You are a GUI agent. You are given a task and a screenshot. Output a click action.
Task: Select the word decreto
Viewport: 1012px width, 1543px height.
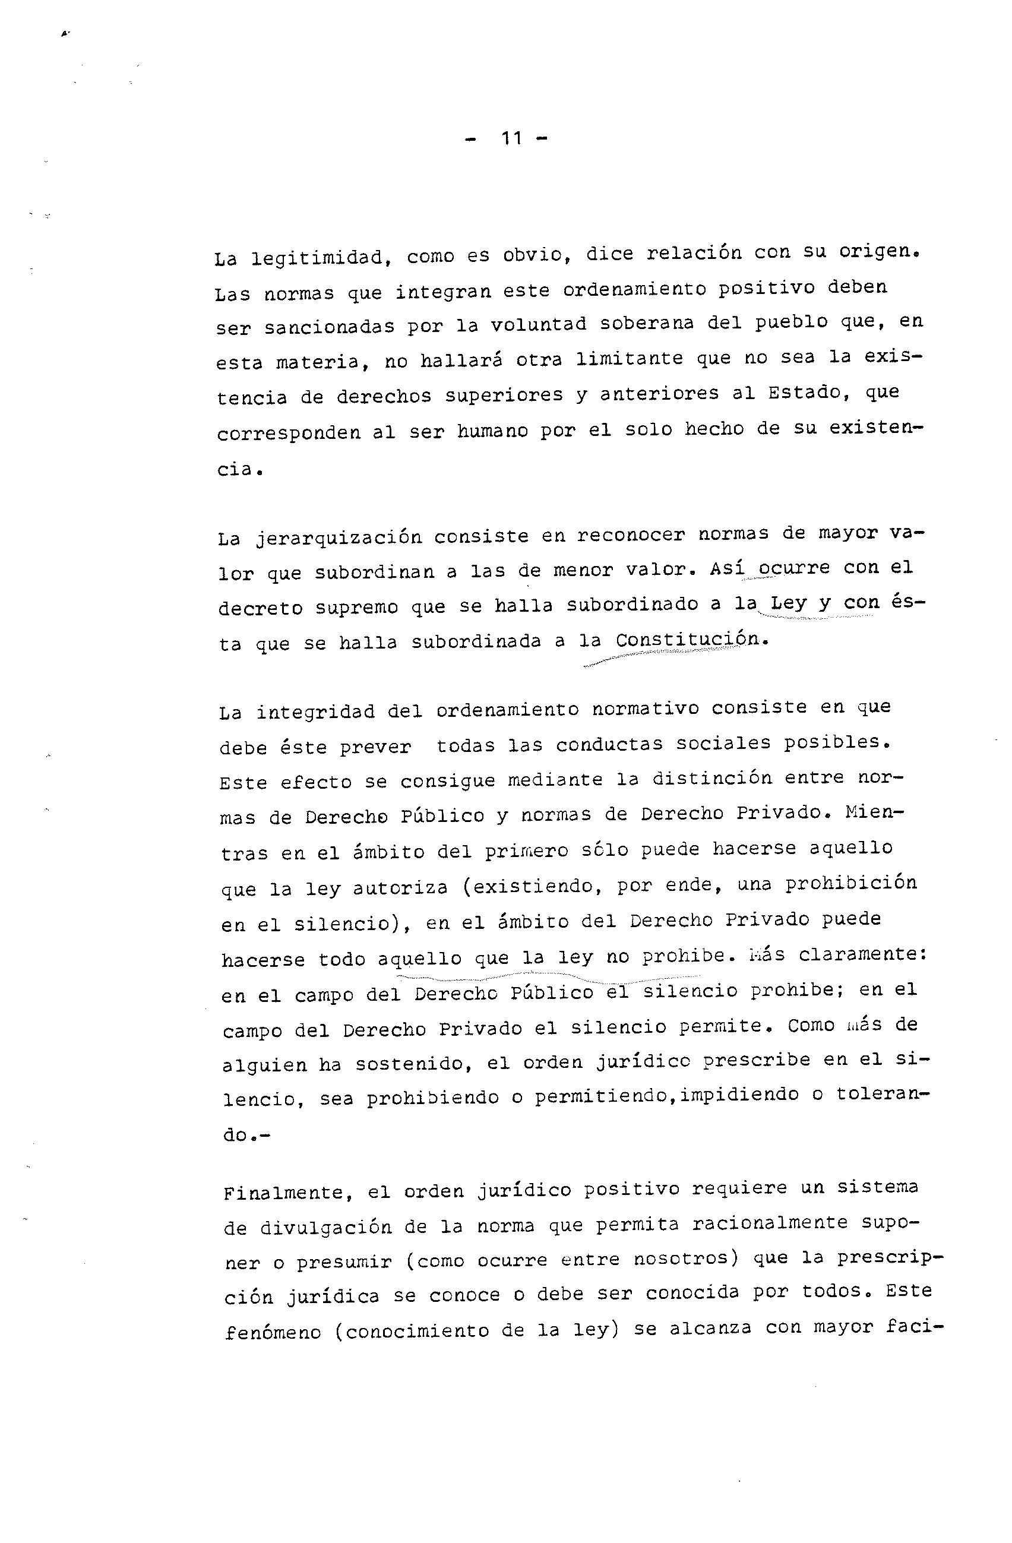(x=261, y=609)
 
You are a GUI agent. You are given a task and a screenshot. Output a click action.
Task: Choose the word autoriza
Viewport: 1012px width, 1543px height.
(x=400, y=886)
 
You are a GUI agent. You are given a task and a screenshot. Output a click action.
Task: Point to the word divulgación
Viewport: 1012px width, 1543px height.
(x=326, y=1227)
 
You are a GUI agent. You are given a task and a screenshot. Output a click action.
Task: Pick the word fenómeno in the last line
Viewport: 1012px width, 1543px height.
(x=273, y=1332)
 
